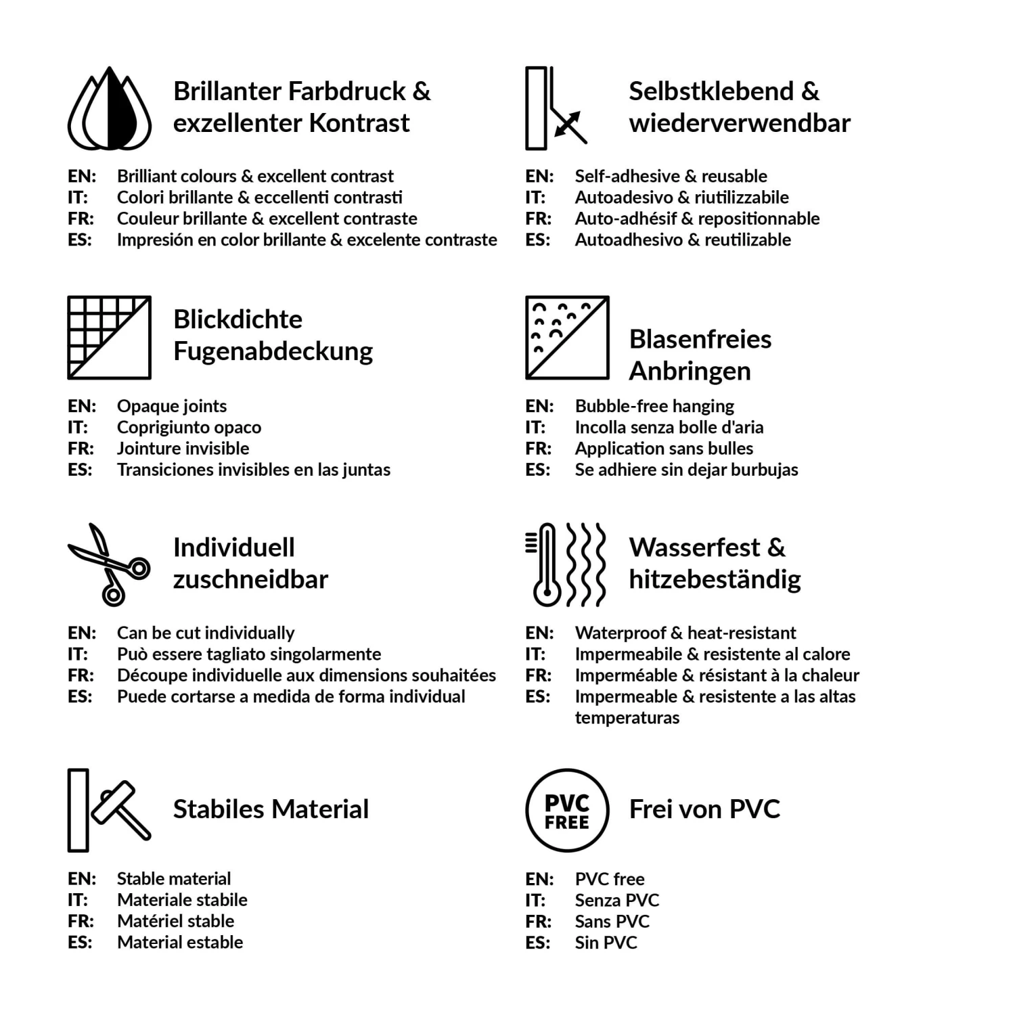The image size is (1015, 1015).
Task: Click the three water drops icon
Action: (110, 110)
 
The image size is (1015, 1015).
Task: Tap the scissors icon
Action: (110, 564)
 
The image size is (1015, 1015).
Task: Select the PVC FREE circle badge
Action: (567, 810)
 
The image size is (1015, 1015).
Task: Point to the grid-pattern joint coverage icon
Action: (110, 338)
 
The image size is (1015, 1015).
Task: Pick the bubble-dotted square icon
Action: (567, 338)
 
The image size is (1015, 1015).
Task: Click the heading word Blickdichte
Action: (238, 319)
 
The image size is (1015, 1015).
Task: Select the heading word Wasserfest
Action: (695, 547)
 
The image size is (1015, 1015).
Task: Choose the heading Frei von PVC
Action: (704, 809)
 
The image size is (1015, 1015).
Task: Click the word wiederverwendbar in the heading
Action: (739, 123)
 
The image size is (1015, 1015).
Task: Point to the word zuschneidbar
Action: (250, 580)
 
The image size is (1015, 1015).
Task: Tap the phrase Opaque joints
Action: (172, 406)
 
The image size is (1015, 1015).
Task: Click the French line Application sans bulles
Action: (664, 449)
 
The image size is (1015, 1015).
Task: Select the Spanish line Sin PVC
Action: (606, 943)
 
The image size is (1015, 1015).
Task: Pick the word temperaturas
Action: (627, 718)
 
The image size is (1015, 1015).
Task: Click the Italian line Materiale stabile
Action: (182, 900)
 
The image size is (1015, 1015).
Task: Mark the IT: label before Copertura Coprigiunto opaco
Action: (77, 428)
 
